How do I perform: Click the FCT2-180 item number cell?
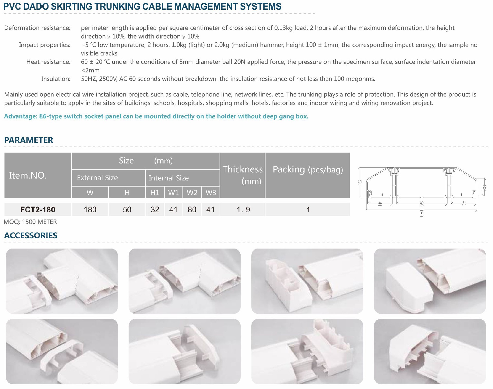pos(38,210)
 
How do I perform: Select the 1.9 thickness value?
pos(243,210)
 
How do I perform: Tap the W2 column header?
pos(192,193)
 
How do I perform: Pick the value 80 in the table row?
pos(192,210)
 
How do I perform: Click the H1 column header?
pos(155,193)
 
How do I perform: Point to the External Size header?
pos(97,178)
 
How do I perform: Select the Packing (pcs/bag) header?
pos(308,169)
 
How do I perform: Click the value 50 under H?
pos(127,210)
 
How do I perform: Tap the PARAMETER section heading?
pos(29,140)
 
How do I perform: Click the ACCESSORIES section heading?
pos(31,235)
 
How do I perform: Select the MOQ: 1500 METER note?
pos(30,222)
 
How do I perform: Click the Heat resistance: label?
pos(48,62)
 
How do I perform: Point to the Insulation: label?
pos(56,79)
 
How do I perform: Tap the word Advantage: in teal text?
pos(21,116)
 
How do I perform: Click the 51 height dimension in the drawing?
pos(359,183)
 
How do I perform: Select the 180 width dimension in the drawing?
pos(421,213)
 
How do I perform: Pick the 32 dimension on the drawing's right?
pos(484,188)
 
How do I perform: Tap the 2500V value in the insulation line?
pos(108,79)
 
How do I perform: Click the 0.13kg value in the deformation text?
pos(283,28)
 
